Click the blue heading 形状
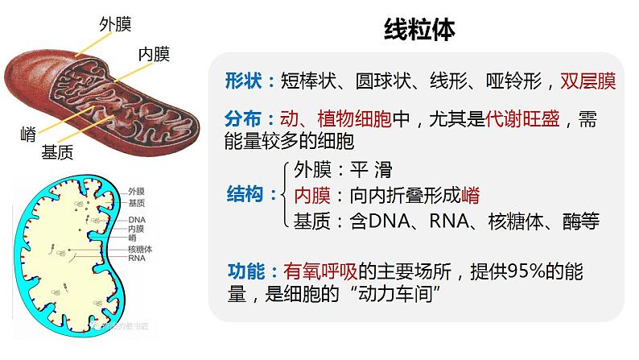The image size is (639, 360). point(244,81)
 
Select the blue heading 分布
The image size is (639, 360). point(244,119)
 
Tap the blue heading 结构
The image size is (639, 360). point(244,195)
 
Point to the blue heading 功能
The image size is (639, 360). point(244,271)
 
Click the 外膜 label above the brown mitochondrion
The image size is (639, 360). point(114,25)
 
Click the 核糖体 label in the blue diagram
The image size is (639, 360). point(140,249)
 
